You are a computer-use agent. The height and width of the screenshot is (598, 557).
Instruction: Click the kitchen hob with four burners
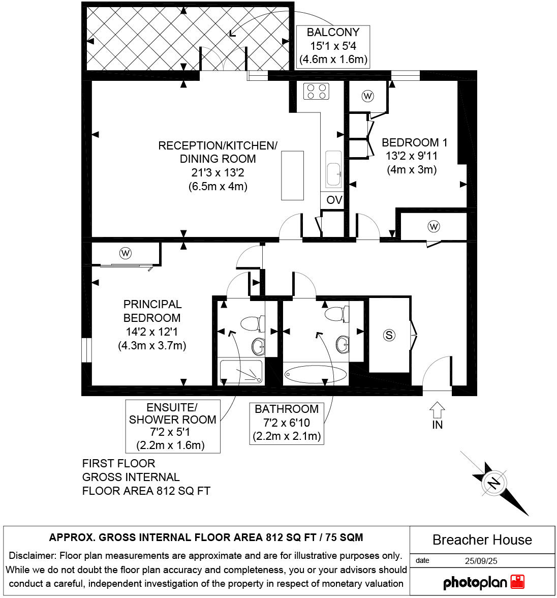click(x=316, y=91)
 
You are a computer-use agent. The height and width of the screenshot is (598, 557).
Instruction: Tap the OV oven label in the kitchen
click(x=334, y=200)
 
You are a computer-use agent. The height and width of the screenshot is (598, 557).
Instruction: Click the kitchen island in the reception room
click(x=293, y=175)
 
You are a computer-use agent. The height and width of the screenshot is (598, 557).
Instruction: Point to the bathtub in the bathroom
click(x=315, y=375)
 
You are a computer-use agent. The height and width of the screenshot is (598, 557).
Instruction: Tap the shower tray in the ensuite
click(x=241, y=372)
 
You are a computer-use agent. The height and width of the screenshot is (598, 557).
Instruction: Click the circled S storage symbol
click(x=389, y=335)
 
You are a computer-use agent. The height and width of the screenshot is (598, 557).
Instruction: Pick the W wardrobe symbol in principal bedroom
click(x=125, y=252)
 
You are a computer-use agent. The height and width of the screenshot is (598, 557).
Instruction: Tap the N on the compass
click(x=493, y=482)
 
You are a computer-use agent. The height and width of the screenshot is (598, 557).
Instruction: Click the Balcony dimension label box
click(x=333, y=46)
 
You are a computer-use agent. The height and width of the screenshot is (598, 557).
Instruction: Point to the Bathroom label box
click(x=287, y=423)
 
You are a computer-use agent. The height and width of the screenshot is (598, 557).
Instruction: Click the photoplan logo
click(x=483, y=582)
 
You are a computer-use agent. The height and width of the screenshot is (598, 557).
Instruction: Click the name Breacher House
click(x=482, y=540)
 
